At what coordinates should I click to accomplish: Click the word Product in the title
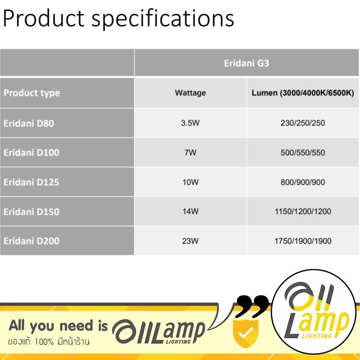44,18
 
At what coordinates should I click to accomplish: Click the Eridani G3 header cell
246,63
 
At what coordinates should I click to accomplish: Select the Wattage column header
190,93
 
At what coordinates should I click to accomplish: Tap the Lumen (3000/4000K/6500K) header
303,93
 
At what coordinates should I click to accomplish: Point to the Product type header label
31,93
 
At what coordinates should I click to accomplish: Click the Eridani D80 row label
29,123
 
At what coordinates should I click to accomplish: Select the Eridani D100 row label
31,153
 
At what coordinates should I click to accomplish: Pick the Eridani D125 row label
31,182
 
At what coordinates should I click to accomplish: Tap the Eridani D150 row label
31,211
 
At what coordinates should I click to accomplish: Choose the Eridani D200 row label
31,241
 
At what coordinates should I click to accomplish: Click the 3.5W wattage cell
190,123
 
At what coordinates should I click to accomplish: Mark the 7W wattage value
190,153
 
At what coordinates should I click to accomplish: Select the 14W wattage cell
190,211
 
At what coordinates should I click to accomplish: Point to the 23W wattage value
190,241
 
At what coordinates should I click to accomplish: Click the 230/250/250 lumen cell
303,123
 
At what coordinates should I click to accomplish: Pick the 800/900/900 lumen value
303,182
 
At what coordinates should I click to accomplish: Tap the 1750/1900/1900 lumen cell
303,241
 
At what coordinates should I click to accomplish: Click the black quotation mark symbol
252,306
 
